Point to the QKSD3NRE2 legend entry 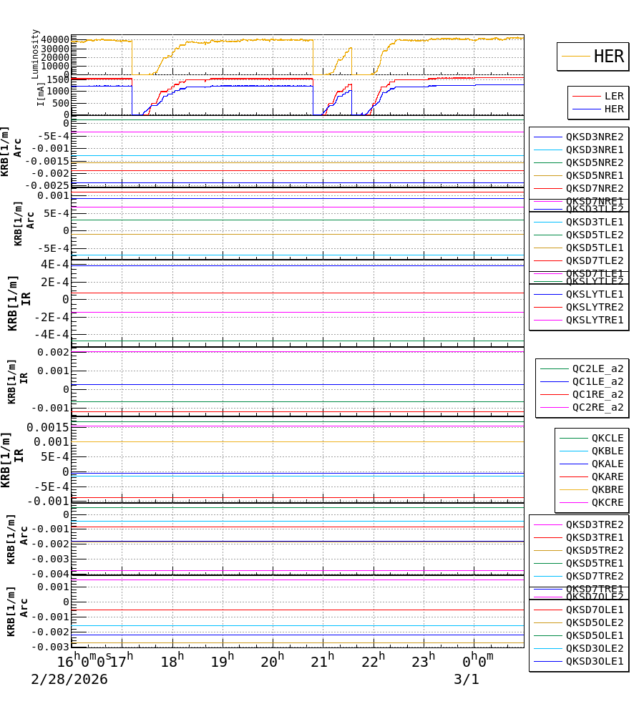pos(595,137)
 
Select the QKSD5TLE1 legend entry pos(595,248)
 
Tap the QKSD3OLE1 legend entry pos(595,661)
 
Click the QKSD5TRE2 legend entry pos(595,550)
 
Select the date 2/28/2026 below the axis pos(69,680)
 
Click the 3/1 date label pos(466,680)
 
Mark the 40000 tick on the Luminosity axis pos(55,39)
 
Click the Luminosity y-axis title pos(36,54)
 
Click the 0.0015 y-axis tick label pos(48,427)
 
